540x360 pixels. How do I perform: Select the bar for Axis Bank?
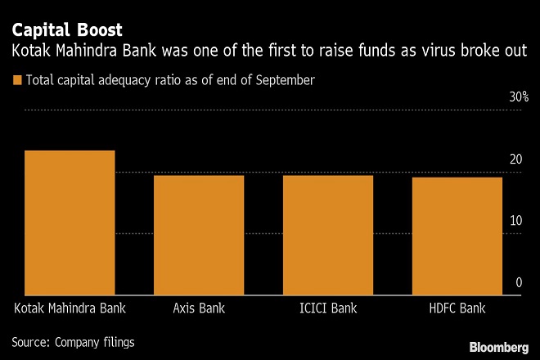[199, 235]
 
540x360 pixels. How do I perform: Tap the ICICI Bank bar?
[327, 235]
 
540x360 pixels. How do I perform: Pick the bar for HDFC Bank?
[456, 236]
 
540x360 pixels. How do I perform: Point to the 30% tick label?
[520, 97]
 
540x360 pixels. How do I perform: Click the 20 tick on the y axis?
[515, 159]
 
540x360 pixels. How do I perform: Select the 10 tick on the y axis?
[515, 220]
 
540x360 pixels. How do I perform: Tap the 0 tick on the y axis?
[519, 282]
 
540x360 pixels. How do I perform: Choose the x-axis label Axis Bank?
[199, 309]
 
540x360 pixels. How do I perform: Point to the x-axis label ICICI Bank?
[327, 309]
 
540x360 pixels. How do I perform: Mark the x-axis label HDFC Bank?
[456, 309]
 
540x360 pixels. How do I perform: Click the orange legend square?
[16, 80]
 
